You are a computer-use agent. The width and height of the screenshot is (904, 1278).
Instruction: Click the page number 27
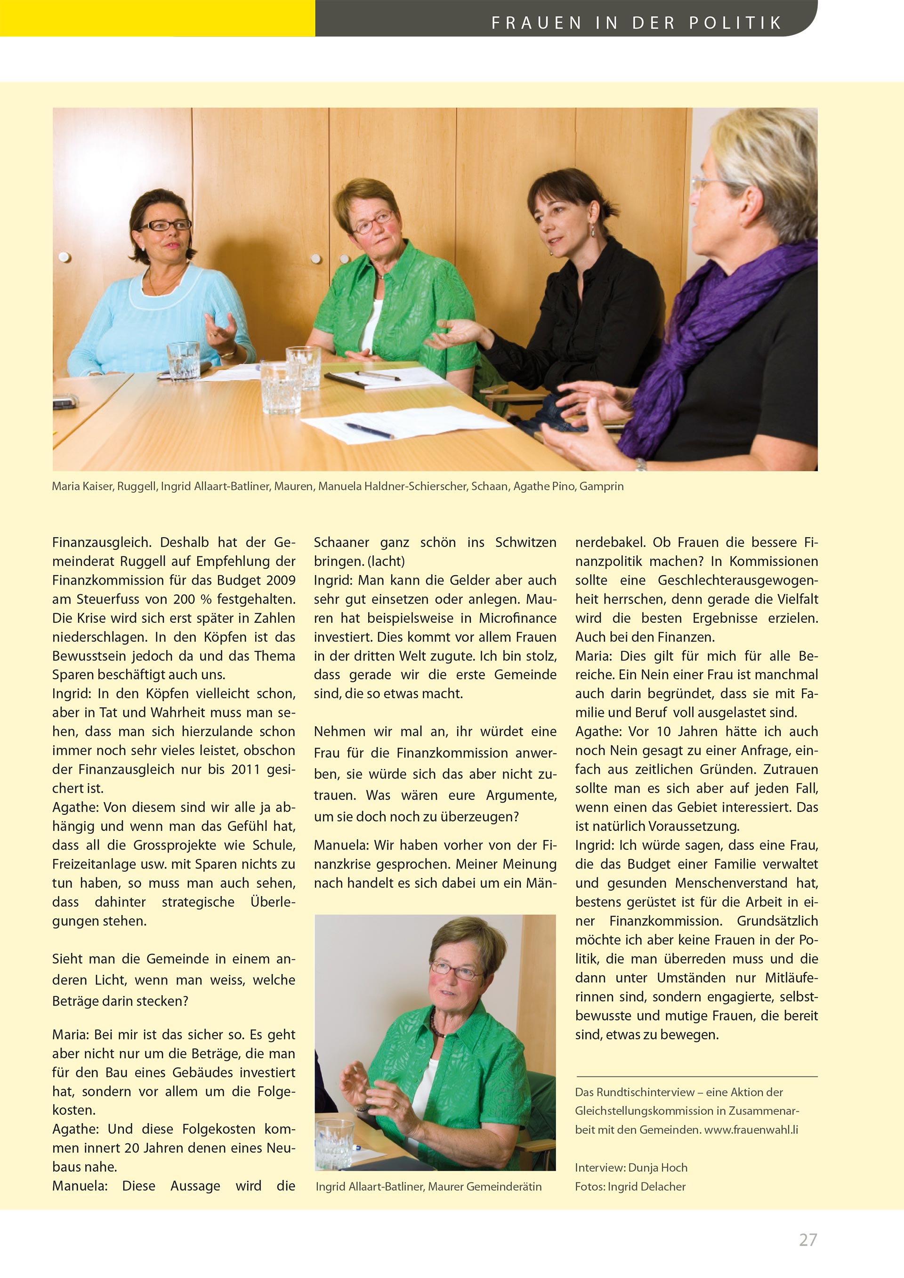[x=807, y=1239]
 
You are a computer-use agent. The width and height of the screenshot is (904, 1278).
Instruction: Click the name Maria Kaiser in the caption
[x=82, y=486]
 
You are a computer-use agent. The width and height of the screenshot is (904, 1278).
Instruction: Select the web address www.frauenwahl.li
[x=751, y=1130]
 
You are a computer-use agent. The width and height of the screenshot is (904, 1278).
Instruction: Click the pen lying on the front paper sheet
[x=368, y=430]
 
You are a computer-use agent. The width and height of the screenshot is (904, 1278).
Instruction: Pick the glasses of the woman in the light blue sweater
[x=165, y=225]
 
